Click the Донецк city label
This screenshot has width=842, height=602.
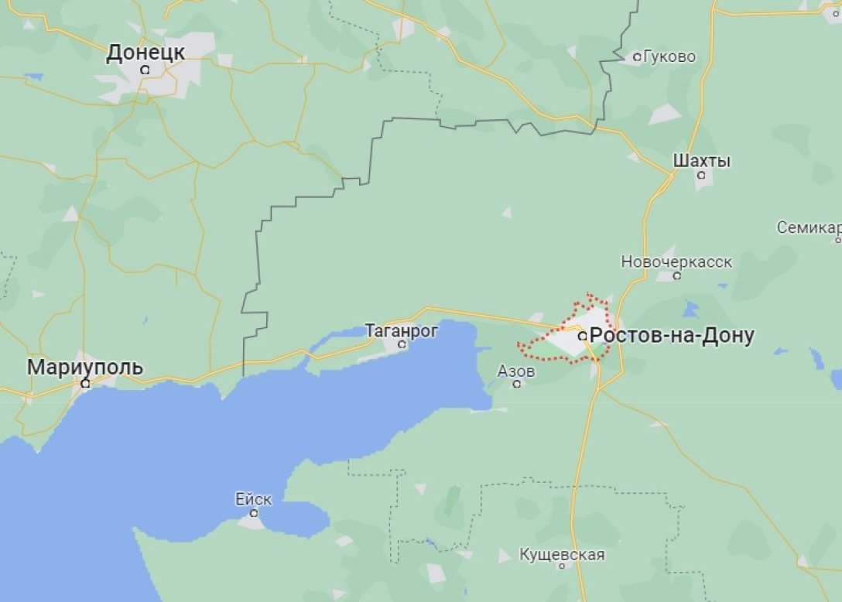145,53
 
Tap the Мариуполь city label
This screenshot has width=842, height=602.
85,368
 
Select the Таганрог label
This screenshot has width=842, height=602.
402,331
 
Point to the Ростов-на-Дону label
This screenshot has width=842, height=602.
672,336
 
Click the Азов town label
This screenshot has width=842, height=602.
516,371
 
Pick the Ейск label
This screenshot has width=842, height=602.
254,499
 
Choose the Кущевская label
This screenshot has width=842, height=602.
562,555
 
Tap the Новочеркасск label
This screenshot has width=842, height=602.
676,262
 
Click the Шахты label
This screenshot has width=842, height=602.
702,161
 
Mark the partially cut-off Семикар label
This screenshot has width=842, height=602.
809,228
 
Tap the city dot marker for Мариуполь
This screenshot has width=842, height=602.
85,383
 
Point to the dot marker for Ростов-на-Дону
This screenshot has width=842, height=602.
582,337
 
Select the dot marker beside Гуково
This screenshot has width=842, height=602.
637,56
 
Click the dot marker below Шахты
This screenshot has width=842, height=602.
702,176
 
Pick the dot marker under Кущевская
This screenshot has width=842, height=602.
562,567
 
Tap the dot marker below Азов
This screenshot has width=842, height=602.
516,384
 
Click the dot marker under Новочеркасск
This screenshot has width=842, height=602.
677,275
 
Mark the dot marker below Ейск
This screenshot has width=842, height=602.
254,512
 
